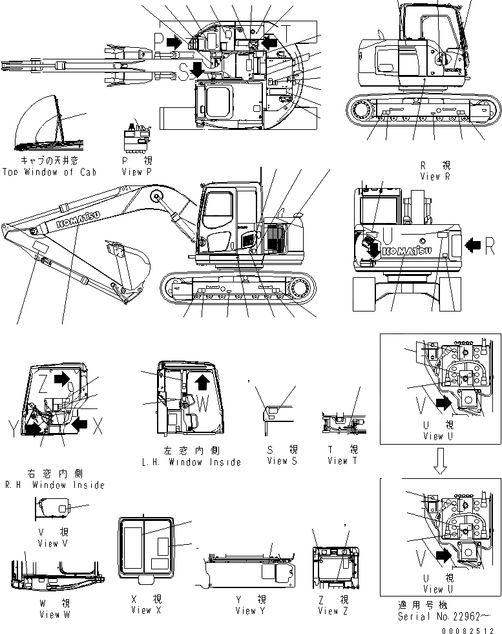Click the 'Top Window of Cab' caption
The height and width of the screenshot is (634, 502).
(49, 172)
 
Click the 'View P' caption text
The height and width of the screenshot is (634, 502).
(136, 172)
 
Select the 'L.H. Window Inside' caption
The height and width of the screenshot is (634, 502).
(191, 462)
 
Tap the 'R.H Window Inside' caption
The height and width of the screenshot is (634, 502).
(54, 484)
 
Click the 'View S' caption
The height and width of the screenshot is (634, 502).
(282, 461)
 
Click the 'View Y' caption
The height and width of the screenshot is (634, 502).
(246, 610)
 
